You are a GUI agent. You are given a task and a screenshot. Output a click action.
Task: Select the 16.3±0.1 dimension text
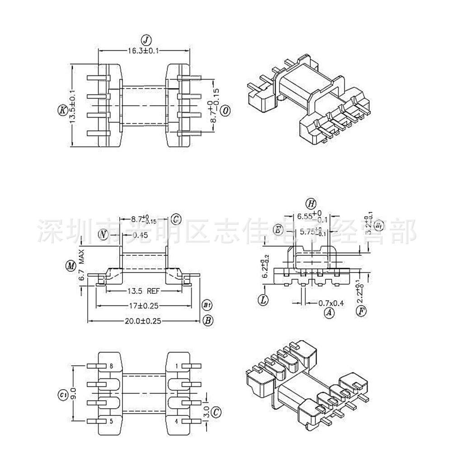(x=143, y=52)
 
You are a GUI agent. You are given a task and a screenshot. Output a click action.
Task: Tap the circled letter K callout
(x=62, y=109)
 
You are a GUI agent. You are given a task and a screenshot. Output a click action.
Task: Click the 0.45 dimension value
(x=141, y=235)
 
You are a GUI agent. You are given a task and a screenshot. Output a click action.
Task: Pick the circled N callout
(x=104, y=234)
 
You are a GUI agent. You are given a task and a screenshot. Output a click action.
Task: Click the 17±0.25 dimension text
(x=143, y=306)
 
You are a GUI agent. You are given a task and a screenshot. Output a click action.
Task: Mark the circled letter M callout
(x=70, y=266)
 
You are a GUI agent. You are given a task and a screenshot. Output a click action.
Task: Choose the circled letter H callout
(x=310, y=202)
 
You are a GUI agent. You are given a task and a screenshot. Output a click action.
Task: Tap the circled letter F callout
(x=360, y=311)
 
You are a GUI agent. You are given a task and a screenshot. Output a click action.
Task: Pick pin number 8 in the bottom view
(x=111, y=366)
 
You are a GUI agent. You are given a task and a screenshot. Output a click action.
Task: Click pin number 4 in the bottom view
(x=177, y=422)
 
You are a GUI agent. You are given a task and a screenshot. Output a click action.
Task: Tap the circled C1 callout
(x=62, y=394)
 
